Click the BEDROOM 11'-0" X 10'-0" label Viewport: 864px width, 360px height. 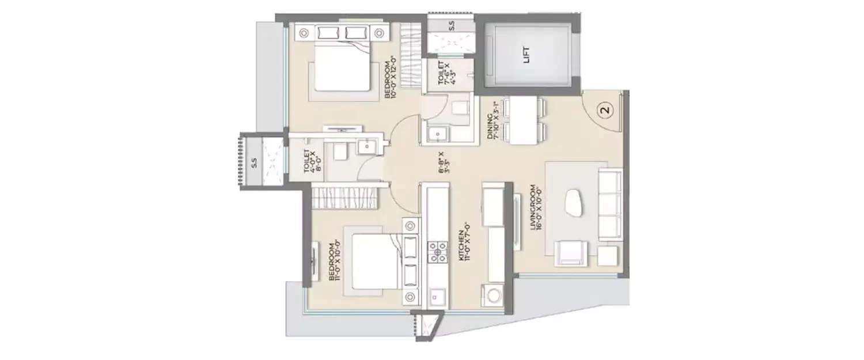pos(335,262)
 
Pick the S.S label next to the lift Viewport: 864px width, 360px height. pos(451,25)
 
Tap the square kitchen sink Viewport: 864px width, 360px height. pos(435,297)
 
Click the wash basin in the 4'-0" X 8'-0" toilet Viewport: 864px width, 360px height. pos(366,147)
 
